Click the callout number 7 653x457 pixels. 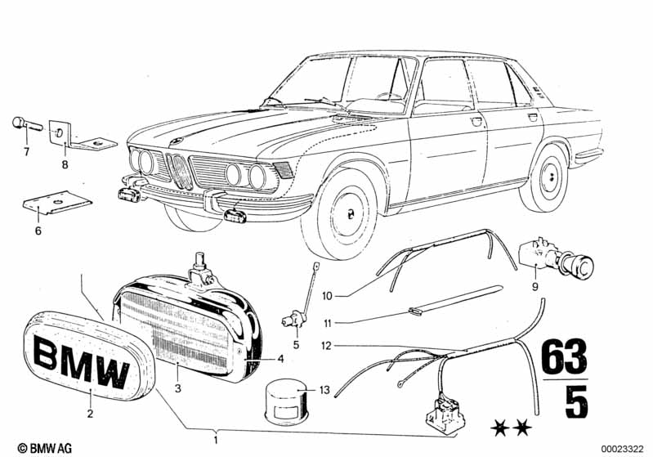[25, 151]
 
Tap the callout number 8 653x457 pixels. [65, 164]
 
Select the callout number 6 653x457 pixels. [37, 231]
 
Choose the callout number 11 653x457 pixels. [326, 323]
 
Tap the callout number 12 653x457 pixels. [326, 345]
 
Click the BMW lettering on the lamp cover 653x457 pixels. [79, 363]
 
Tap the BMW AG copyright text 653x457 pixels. [32, 448]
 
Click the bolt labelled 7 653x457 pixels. [22, 125]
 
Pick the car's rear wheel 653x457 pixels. [544, 179]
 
